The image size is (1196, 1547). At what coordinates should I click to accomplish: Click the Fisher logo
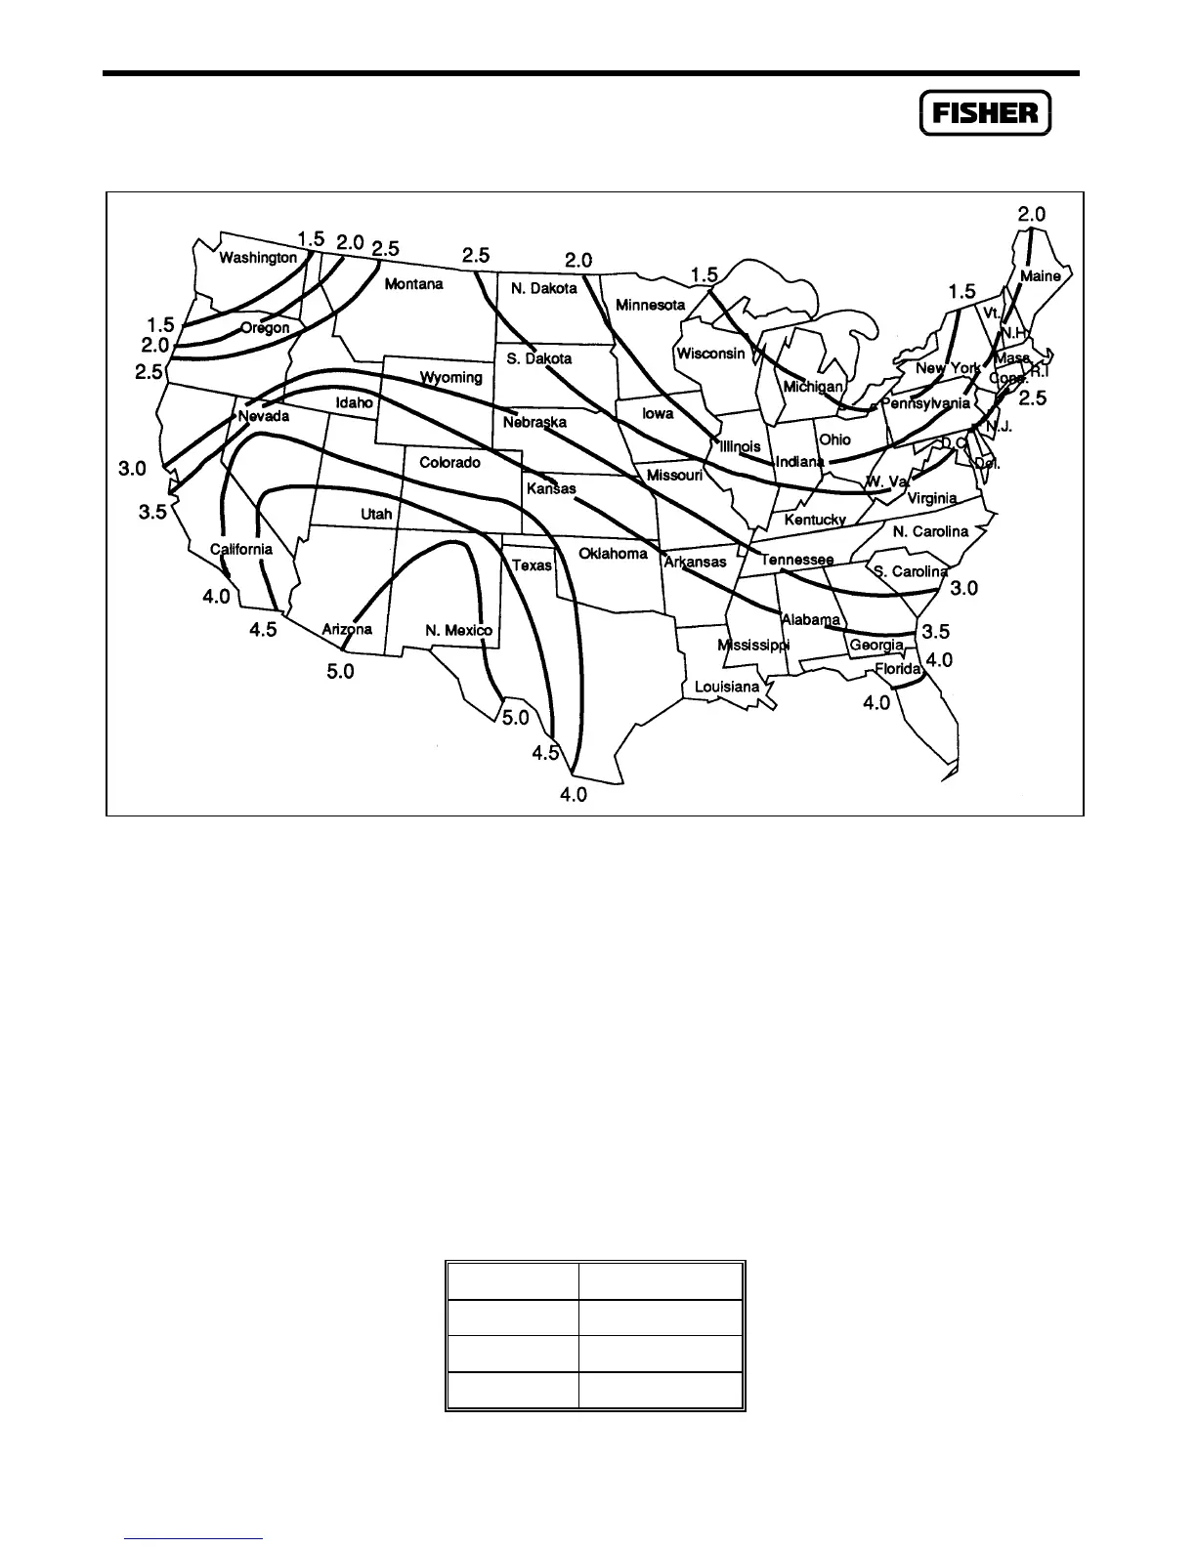click(985, 112)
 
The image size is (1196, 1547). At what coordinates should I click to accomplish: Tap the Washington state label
click(258, 258)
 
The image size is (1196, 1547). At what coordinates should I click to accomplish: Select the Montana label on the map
click(413, 284)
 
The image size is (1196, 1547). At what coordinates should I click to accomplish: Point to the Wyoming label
click(451, 377)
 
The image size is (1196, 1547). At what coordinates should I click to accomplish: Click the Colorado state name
click(449, 462)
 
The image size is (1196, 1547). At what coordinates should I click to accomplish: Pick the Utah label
click(376, 514)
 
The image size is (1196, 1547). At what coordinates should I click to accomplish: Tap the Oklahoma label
click(613, 554)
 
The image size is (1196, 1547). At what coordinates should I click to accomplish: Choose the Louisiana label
click(726, 687)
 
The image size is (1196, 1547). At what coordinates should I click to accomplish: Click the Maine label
click(1040, 276)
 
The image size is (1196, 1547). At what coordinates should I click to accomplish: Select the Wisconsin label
click(710, 354)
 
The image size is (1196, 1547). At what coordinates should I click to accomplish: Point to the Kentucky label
click(815, 520)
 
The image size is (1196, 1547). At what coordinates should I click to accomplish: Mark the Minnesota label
click(650, 305)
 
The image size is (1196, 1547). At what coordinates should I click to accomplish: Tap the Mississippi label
click(753, 646)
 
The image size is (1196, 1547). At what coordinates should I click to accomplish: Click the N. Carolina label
click(930, 531)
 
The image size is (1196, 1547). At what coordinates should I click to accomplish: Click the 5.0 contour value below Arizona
click(340, 672)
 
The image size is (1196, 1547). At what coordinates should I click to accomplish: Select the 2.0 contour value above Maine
click(1032, 214)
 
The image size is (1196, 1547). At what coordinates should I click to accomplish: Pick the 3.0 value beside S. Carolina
click(963, 588)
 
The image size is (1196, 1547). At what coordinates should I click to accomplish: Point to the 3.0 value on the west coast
click(132, 469)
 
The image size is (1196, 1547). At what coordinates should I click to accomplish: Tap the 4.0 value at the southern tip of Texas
click(573, 795)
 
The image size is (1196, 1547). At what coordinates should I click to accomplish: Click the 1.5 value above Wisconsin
click(704, 275)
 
